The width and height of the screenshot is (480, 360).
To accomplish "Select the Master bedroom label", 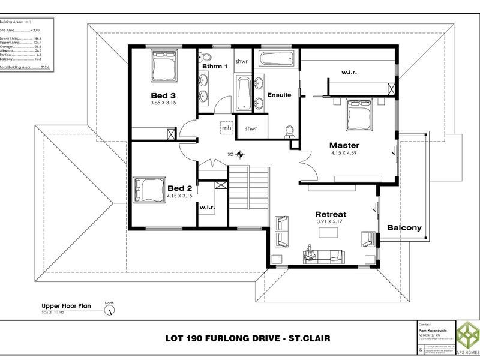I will pos(344,145).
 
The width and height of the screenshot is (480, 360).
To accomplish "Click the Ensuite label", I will pos(279,95).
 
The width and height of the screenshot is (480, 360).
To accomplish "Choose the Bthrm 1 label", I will pos(214,66).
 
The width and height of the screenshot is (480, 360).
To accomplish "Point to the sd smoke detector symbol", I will pos(239,154).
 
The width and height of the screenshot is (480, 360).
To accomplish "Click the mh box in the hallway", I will pos(227,128).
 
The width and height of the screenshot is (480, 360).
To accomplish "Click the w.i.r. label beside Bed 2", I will pos(206,207).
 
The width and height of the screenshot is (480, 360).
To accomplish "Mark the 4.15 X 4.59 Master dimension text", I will pos(343,154).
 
